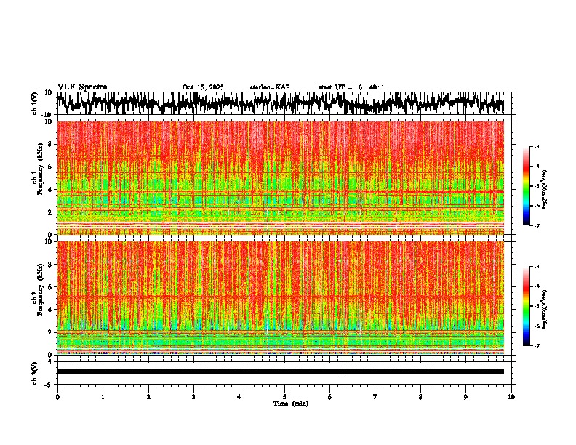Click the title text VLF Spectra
click(x=82, y=87)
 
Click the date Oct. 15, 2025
click(x=203, y=87)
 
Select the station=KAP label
click(x=270, y=87)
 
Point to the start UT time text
click(x=351, y=87)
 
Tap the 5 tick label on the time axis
click(x=284, y=397)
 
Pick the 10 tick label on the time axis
click(x=511, y=397)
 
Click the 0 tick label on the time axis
click(x=57, y=397)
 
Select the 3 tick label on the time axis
click(x=193, y=397)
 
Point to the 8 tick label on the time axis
click(x=420, y=397)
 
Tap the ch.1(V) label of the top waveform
click(x=35, y=103)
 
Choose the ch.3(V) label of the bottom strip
click(x=35, y=372)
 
